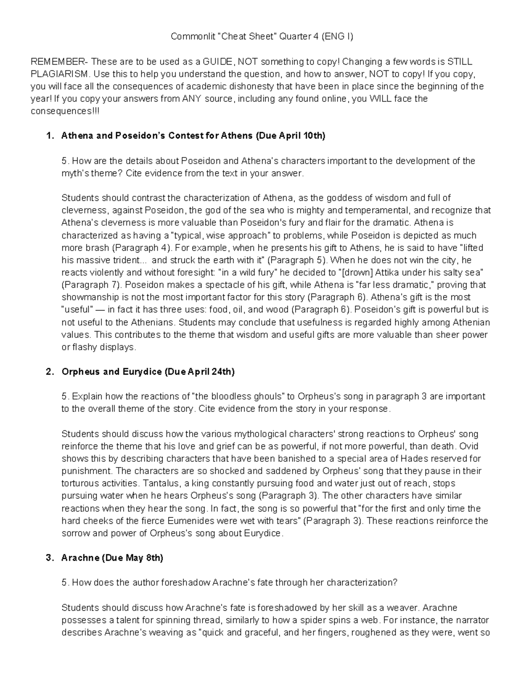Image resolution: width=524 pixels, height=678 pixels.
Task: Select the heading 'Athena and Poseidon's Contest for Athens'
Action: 157,136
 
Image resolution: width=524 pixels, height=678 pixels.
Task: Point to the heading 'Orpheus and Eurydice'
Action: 111,372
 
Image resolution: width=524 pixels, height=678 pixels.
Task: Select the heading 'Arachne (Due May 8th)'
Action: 112,558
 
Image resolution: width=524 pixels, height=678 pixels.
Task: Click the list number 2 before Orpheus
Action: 49,372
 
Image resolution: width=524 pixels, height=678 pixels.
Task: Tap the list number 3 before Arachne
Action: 49,558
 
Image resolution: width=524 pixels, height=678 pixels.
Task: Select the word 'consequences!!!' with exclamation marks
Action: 65,111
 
